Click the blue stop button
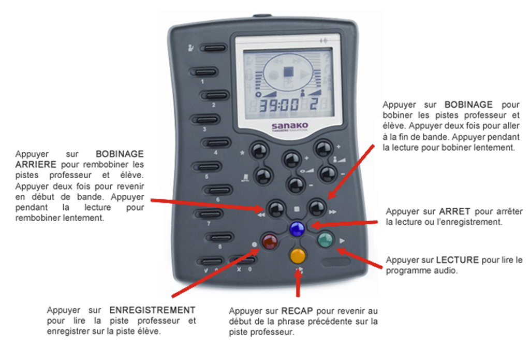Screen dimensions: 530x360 pos(297,229)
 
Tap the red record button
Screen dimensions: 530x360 pos(270,241)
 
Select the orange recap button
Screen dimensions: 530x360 pos(298,255)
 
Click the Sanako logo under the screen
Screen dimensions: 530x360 pos(290,126)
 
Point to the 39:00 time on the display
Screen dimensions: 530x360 pos(279,105)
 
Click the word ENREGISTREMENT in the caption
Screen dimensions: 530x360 pos(152,310)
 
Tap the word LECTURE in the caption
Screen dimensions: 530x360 pos(458,260)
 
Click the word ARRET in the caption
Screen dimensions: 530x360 pos(454,211)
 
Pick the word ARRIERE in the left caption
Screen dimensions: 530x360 pos(36,164)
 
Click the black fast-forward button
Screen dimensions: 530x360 pos(317,207)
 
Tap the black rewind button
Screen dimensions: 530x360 pos(276,208)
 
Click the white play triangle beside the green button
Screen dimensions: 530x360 pos(342,240)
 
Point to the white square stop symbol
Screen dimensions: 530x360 pos(297,209)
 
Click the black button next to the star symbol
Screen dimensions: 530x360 pos(259,150)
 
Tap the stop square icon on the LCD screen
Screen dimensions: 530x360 pos(288,71)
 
